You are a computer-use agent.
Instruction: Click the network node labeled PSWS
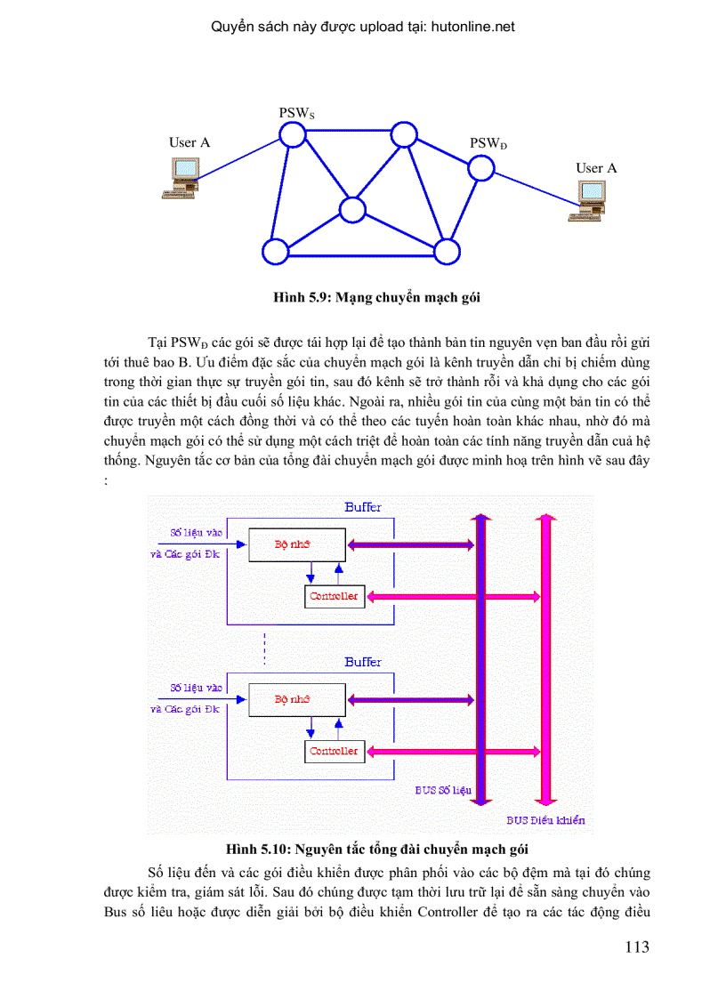tap(291, 134)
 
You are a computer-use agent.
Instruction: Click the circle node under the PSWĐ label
tap(480, 167)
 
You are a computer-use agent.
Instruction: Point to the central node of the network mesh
tap(352, 210)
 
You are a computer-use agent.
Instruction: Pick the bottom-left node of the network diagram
tap(276, 252)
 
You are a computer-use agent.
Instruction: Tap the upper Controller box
tap(334, 596)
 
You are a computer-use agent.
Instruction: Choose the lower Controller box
tap(334, 751)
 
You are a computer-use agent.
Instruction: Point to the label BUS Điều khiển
tap(545, 820)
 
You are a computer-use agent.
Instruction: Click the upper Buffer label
tap(363, 507)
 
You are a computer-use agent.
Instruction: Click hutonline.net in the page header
tap(472, 27)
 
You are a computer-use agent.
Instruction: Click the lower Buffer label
tap(363, 662)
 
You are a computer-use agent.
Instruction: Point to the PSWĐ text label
tap(488, 143)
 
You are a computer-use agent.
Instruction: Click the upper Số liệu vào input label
tap(196, 533)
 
